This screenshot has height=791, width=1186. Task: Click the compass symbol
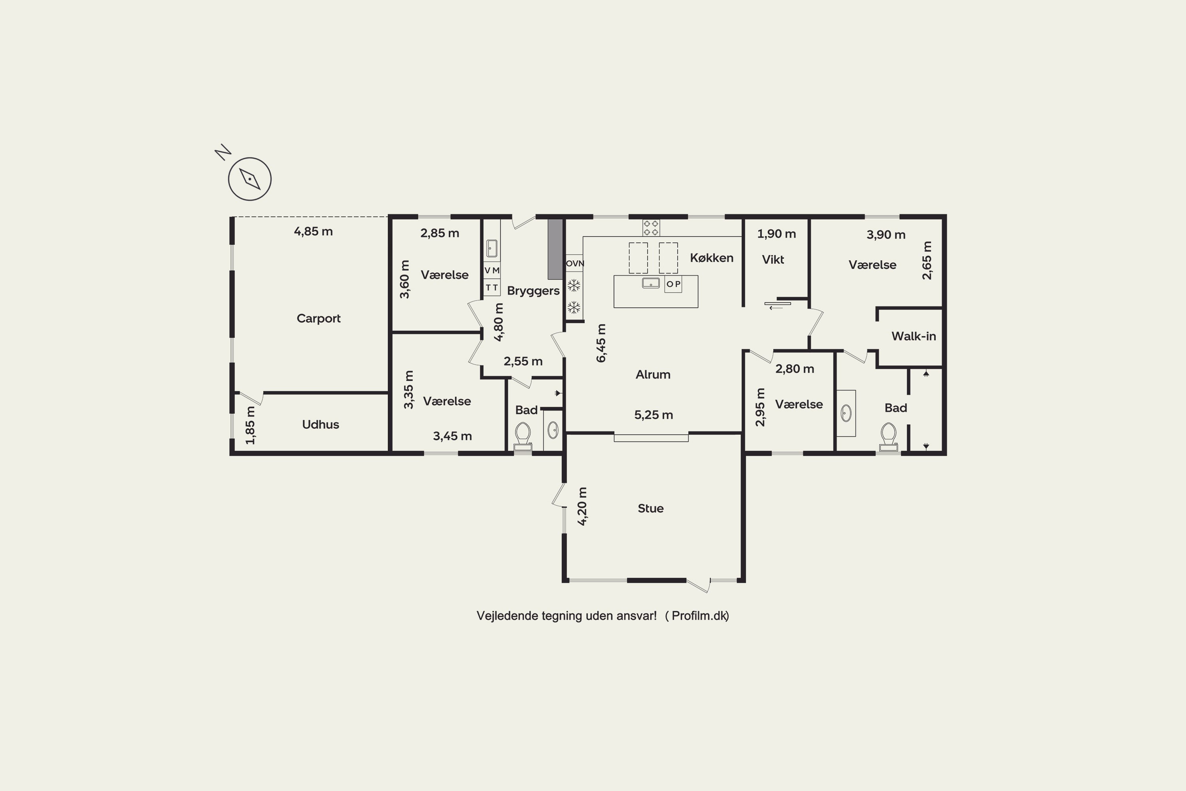tap(249, 179)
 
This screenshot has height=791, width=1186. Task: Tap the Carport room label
tap(318, 318)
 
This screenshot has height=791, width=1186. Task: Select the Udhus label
tap(320, 424)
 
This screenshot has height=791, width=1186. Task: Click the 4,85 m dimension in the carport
tap(313, 231)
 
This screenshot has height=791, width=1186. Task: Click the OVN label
tap(575, 263)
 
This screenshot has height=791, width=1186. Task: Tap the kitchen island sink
tap(650, 283)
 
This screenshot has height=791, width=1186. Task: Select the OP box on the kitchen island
tap(673, 284)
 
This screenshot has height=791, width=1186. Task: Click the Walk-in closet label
tap(913, 337)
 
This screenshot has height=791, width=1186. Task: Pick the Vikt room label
tap(772, 260)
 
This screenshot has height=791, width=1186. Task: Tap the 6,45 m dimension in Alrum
tap(601, 343)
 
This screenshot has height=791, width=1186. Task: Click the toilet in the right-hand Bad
tap(888, 437)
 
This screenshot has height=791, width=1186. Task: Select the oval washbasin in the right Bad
tap(846, 413)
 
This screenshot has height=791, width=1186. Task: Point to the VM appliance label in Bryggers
tap(492, 271)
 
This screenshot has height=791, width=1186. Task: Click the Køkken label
tap(712, 258)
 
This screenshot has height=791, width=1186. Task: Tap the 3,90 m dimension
tap(886, 235)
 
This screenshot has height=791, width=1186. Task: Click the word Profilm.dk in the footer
tap(700, 615)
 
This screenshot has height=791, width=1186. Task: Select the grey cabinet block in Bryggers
tap(555, 249)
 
